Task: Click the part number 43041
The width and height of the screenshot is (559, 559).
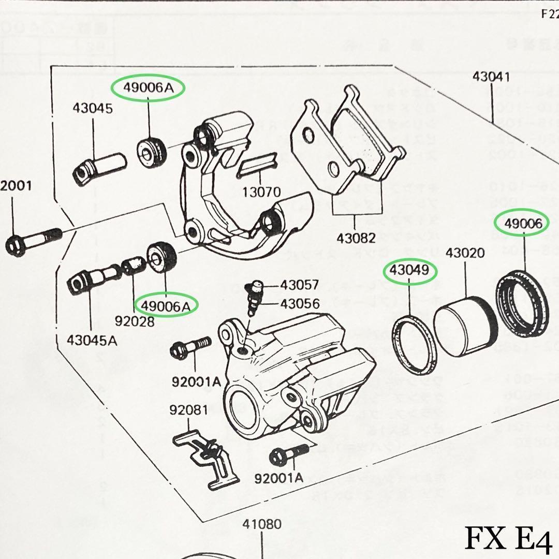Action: point(491,78)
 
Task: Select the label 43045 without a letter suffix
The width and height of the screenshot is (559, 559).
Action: point(93,109)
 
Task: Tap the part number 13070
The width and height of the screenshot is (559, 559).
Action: point(262,193)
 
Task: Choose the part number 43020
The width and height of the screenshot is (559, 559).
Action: point(465,253)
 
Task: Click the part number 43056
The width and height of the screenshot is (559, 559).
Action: point(300,303)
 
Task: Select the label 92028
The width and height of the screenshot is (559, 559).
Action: point(136,321)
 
